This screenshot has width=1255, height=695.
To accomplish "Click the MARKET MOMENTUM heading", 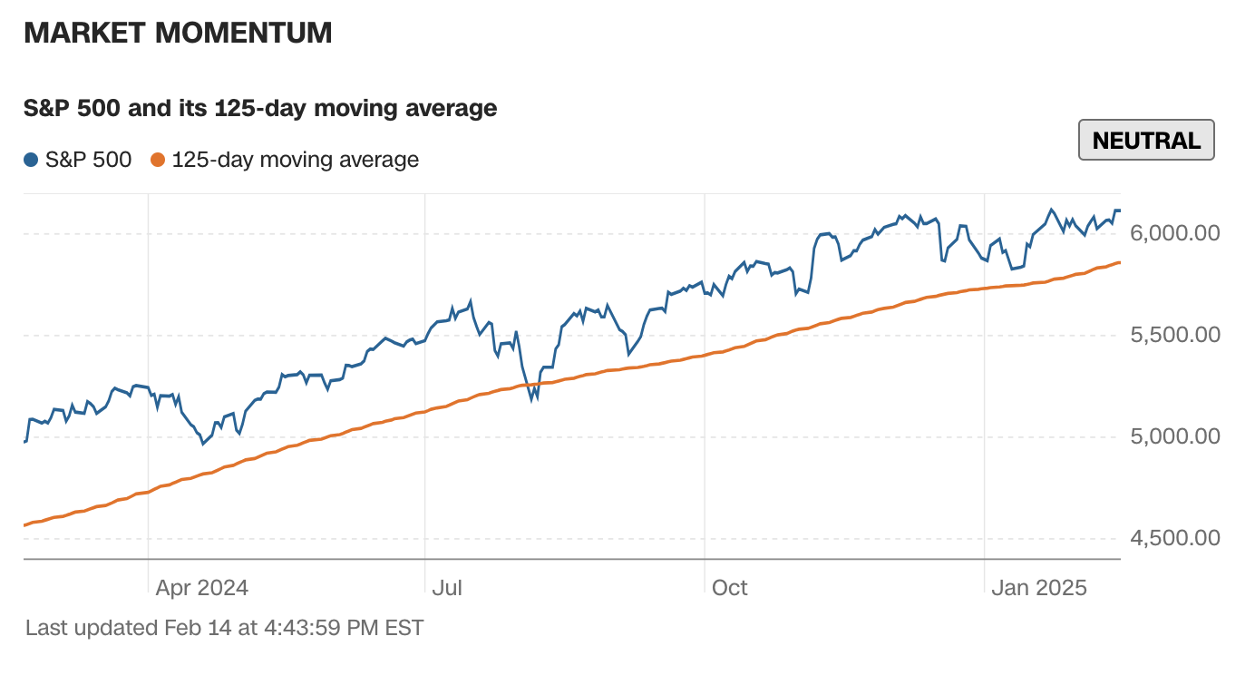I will [x=178, y=33].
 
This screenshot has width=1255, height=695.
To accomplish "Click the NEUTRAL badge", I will [x=1146, y=141].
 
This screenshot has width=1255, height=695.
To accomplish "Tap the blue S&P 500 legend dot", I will [x=31, y=161].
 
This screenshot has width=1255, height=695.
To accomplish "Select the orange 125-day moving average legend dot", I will [x=158, y=161].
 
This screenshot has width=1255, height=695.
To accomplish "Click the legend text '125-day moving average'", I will [x=295, y=161].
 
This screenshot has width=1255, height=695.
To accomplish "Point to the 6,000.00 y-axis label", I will [x=1175, y=233].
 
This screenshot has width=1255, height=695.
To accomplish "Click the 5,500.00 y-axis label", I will [x=1175, y=335].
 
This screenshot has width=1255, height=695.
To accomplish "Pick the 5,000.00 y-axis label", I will [x=1175, y=436].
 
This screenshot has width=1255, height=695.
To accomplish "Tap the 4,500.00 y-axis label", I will [x=1175, y=538].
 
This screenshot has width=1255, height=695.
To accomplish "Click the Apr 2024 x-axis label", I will [x=201, y=588].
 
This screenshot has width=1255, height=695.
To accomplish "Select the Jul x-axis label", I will [x=446, y=588].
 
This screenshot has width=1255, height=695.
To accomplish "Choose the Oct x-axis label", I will [x=729, y=588].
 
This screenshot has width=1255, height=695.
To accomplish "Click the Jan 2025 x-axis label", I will [x=1038, y=588].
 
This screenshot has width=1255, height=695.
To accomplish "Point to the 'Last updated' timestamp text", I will [x=224, y=627].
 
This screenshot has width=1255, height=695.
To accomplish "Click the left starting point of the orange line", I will [x=24, y=525].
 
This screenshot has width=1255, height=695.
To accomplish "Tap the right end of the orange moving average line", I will [x=1120, y=262].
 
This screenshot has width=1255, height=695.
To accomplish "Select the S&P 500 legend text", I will [x=88, y=161].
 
